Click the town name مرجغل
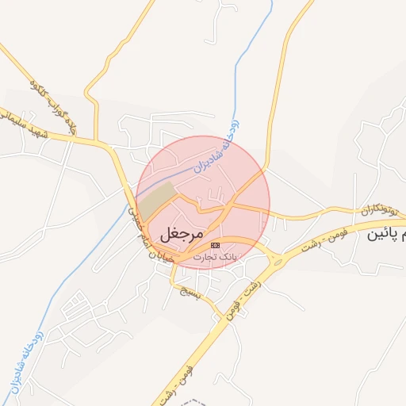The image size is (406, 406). pyautogui.click(x=182, y=234)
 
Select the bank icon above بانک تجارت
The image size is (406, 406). pyautogui.click(x=216, y=246)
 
